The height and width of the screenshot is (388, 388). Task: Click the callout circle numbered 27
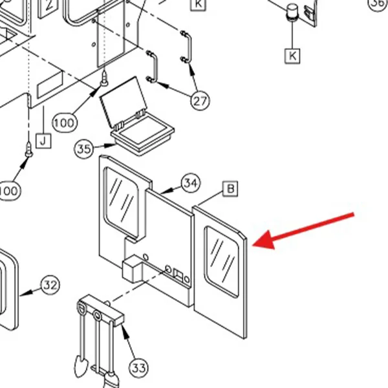pyautogui.click(x=200, y=101)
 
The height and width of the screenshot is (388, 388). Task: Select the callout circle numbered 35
pyautogui.click(x=84, y=149)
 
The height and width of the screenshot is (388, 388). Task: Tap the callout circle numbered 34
pyautogui.click(x=191, y=183)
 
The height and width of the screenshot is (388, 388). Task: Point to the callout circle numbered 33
pyautogui.click(x=138, y=368)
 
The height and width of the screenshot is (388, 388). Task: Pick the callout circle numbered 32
pyautogui.click(x=50, y=285)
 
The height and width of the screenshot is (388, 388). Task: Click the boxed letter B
pyautogui.click(x=230, y=189)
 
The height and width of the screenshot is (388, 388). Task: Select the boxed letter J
pyautogui.click(x=43, y=141)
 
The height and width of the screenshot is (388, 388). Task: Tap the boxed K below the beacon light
pyautogui.click(x=292, y=56)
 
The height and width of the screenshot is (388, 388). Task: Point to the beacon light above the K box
pyautogui.click(x=292, y=12)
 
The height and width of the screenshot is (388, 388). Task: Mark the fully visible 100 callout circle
pyautogui.click(x=65, y=123)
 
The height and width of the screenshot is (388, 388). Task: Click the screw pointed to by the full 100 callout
pyautogui.click(x=104, y=79)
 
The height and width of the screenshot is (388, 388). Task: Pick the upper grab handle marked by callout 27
pyautogui.click(x=186, y=47)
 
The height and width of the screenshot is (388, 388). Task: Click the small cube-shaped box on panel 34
pyautogui.click(x=132, y=268)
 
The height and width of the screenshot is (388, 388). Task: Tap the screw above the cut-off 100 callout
pyautogui.click(x=29, y=149)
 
